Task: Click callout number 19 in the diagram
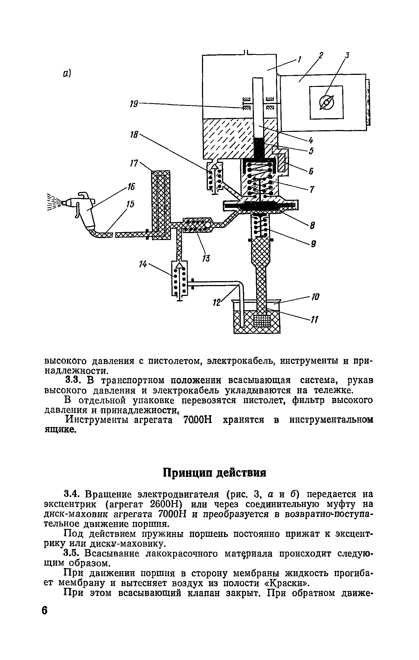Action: [134, 104]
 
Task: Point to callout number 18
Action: [135, 135]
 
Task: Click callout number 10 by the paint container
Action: [315, 297]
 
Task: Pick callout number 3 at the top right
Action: [347, 56]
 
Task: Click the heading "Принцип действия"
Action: [214, 473]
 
